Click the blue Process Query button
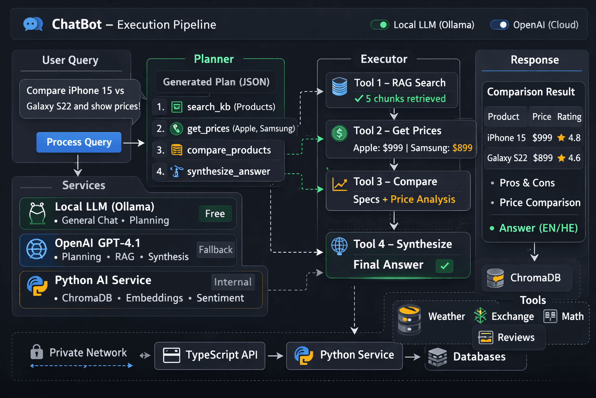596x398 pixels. click(79, 142)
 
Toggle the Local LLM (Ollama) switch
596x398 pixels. click(379, 25)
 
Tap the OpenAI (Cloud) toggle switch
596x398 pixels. click(499, 25)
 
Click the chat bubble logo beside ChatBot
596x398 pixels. click(33, 24)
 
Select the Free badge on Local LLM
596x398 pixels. click(215, 213)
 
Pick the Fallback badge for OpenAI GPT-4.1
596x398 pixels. click(216, 250)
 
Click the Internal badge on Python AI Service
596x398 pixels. click(232, 282)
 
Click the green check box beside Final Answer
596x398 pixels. click(445, 266)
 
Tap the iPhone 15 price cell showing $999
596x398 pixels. click(542, 138)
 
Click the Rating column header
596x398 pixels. click(569, 117)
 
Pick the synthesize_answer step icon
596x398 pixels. click(177, 171)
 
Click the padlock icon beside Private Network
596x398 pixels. click(36, 352)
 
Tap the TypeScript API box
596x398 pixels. click(210, 355)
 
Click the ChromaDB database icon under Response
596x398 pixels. click(495, 278)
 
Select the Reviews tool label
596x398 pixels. click(516, 337)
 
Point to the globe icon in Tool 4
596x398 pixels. click(339, 246)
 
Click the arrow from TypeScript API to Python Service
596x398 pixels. click(275, 356)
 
